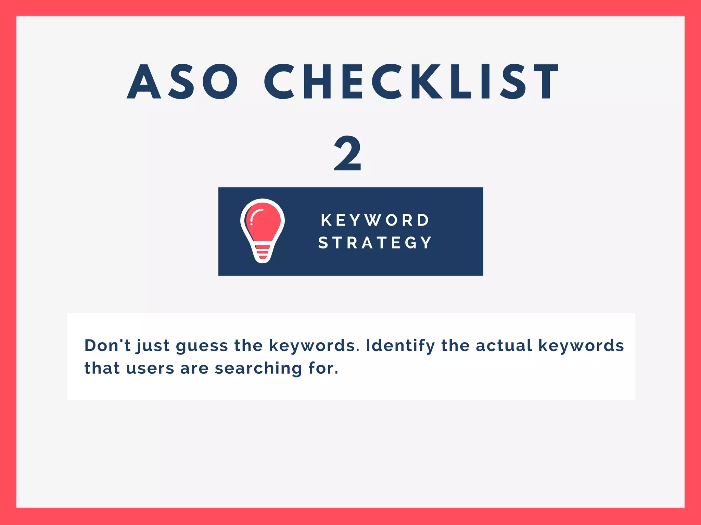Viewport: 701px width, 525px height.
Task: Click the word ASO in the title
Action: [x=182, y=82]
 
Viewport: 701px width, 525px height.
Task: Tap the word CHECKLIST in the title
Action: [x=411, y=82]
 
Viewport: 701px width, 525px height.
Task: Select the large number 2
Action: [x=347, y=154]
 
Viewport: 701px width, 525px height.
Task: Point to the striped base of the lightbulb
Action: [x=263, y=253]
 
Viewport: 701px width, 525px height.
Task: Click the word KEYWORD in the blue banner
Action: [x=375, y=220]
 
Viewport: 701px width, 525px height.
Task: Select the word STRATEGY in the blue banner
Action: [x=375, y=243]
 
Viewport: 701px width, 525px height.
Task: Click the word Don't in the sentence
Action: [x=107, y=345]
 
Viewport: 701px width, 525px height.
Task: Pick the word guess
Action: [x=202, y=346]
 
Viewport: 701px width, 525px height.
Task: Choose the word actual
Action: [x=504, y=345]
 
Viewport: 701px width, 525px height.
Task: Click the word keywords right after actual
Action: [x=581, y=346]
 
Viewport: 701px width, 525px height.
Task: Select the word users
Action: [x=150, y=369]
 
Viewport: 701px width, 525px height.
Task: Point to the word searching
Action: [x=258, y=369]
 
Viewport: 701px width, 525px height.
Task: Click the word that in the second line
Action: [x=102, y=368]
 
